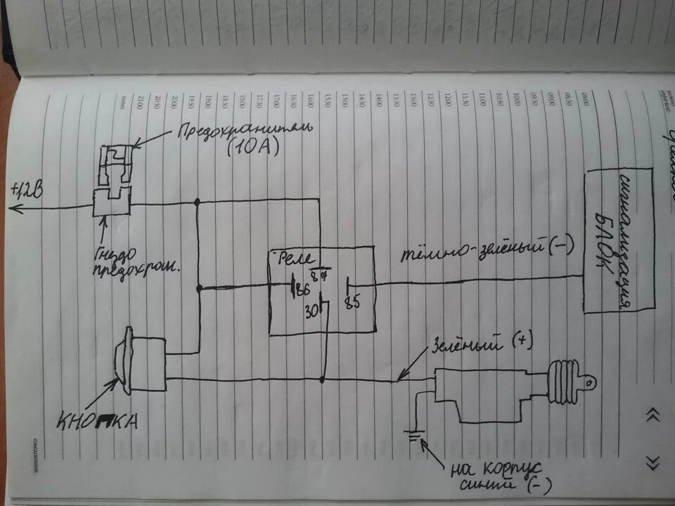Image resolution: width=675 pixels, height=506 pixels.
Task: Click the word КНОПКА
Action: [98, 421]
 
